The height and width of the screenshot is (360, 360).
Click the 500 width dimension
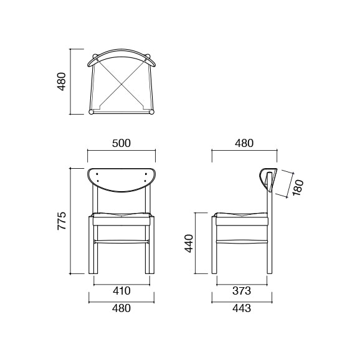(x=121, y=143)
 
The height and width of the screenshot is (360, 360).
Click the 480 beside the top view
(x=62, y=81)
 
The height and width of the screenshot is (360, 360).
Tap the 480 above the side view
(x=244, y=143)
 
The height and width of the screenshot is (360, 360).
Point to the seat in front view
(x=121, y=217)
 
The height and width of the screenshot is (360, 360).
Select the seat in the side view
(x=241, y=217)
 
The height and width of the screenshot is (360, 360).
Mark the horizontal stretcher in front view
(x=121, y=240)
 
